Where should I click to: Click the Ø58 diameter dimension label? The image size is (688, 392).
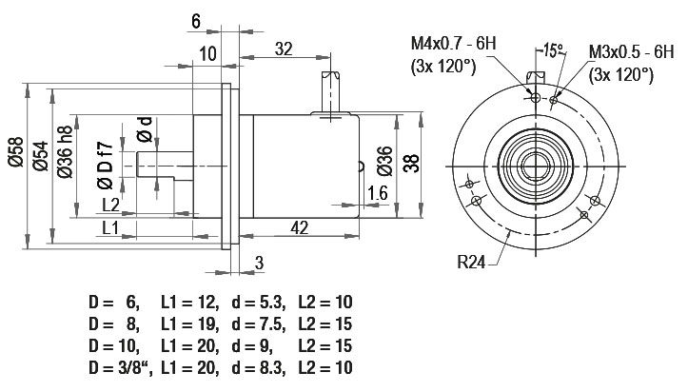[16, 151]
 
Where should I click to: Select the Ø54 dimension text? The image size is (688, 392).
[41, 156]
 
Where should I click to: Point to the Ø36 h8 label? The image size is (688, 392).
[65, 151]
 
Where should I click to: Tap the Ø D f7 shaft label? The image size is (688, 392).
[106, 166]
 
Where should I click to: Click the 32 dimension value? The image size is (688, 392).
[284, 49]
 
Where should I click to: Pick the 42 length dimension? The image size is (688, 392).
[300, 227]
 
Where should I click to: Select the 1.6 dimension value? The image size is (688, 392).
[378, 193]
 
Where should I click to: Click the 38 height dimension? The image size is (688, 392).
[411, 163]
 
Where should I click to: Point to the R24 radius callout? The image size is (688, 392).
[471, 263]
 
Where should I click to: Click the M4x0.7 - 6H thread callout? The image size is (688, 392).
[453, 44]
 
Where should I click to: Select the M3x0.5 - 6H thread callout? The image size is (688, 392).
[631, 51]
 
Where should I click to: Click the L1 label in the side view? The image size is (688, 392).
[110, 227]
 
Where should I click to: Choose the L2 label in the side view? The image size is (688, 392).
[111, 205]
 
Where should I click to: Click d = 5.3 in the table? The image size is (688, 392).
[259, 303]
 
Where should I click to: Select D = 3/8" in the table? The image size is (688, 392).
[121, 367]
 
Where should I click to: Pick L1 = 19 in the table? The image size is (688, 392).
[189, 324]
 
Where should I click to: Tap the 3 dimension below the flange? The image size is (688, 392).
[260, 263]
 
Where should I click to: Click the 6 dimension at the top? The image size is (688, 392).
[196, 21]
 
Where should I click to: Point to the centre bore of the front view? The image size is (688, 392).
[536, 167]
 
